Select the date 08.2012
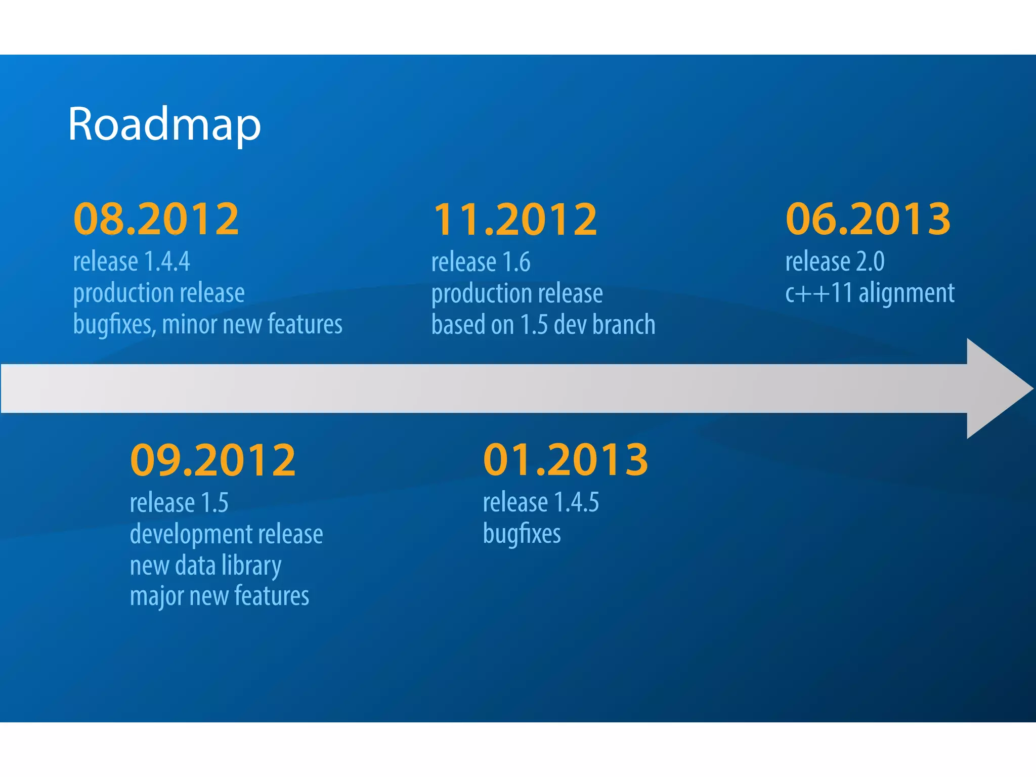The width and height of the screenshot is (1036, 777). (156, 219)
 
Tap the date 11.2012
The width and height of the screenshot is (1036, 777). (515, 219)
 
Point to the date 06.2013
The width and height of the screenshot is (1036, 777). (868, 219)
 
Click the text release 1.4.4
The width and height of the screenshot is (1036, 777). (132, 262)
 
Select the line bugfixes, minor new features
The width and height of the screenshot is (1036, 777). (207, 324)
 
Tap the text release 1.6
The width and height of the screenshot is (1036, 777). (481, 262)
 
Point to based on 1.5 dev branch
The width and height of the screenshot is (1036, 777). (543, 324)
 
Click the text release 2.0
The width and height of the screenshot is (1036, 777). (835, 262)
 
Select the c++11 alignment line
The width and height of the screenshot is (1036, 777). (870, 293)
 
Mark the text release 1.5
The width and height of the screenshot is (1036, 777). (179, 503)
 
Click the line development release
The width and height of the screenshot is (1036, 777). (226, 534)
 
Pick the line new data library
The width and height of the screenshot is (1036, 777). (205, 566)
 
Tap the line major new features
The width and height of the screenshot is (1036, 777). (220, 596)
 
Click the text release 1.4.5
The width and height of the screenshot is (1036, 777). (541, 502)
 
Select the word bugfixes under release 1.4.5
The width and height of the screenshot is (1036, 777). (522, 534)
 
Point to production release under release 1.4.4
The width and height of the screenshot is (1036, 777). (159, 293)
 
